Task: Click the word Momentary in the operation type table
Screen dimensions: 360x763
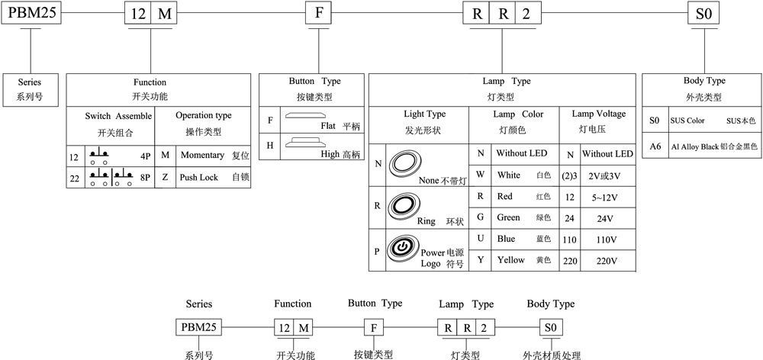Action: coord(202,156)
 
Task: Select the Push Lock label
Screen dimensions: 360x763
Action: coord(199,177)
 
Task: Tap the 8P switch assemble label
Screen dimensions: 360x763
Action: coord(146,177)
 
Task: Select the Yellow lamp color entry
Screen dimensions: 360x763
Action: coord(510,260)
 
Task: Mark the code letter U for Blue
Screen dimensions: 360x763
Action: coord(480,239)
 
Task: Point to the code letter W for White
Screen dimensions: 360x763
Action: coord(480,175)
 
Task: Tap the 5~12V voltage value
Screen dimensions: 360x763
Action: coord(607,196)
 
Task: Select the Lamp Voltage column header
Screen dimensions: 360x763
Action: coord(598,114)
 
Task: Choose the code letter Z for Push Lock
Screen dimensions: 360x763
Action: coord(165,177)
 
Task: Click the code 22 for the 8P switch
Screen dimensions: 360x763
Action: coord(74,177)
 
